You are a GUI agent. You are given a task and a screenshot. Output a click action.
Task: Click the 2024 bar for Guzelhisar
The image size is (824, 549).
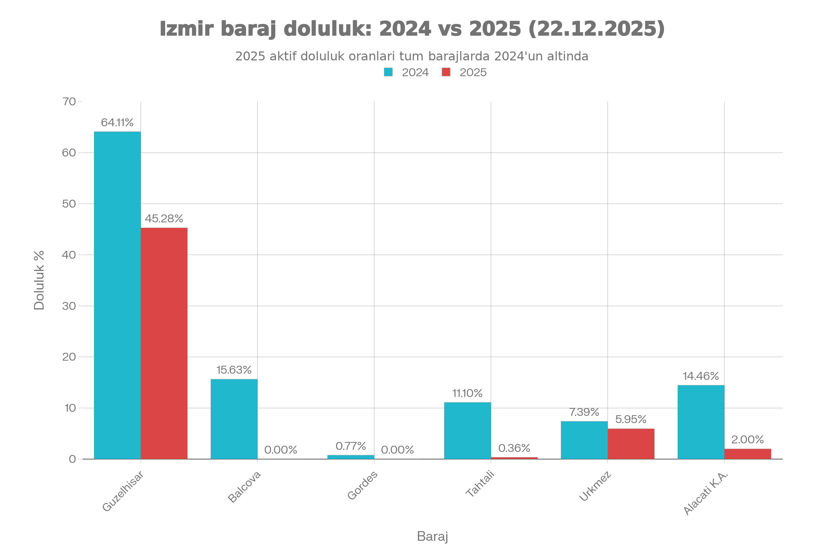[x=117, y=295]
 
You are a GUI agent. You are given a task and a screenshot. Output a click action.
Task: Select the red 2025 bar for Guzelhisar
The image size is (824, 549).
[x=164, y=343]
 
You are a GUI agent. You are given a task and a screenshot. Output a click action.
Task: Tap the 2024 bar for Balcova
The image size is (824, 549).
[x=234, y=419]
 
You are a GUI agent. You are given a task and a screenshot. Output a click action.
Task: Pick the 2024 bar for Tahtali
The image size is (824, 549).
[x=467, y=430]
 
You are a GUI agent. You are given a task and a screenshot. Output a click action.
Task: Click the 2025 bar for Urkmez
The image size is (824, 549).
[x=631, y=443]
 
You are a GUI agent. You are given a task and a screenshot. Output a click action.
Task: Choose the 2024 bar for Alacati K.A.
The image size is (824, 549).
[x=701, y=422]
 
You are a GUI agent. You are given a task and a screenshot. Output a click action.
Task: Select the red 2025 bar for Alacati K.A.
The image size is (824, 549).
[x=748, y=453]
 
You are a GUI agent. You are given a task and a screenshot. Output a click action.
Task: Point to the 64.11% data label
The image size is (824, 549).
[x=117, y=122]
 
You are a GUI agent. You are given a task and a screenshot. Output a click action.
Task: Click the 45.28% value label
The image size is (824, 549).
[x=164, y=219]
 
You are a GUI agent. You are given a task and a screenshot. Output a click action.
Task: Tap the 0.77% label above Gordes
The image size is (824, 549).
[x=350, y=446]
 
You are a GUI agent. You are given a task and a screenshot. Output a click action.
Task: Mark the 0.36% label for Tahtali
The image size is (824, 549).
[x=514, y=448]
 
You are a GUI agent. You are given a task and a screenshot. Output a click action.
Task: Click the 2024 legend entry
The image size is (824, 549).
[x=407, y=72]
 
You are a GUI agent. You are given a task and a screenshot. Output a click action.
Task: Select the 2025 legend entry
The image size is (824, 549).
[x=464, y=72]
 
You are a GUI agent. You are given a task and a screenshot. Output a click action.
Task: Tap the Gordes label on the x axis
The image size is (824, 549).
[x=363, y=485]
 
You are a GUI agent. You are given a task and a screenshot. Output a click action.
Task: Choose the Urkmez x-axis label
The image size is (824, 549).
[x=595, y=487]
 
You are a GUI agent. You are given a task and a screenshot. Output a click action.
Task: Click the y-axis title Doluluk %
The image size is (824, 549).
[x=39, y=280]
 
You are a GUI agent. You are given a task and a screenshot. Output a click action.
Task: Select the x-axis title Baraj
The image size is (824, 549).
[x=432, y=536]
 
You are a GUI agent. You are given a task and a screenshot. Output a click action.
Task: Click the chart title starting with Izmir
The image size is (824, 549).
[x=412, y=29]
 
